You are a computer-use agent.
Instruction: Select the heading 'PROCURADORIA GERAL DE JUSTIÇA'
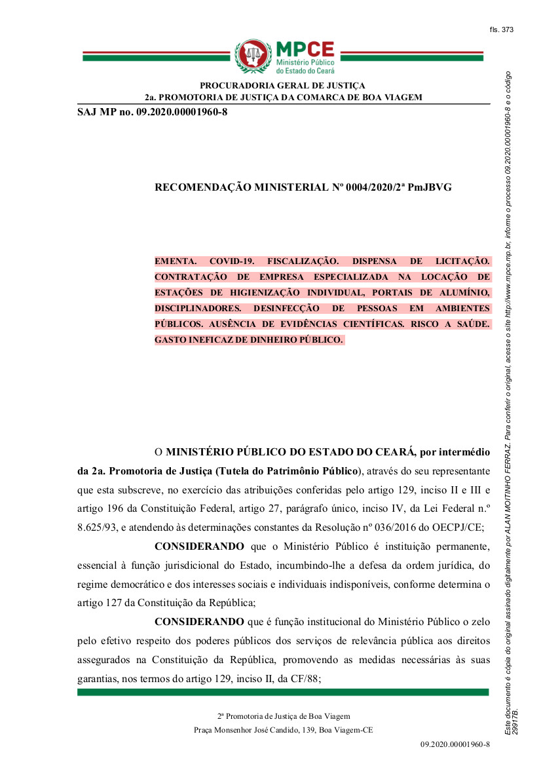(282, 85)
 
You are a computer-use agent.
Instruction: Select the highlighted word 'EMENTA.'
(174, 261)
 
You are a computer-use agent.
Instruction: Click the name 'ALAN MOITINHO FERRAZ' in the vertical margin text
(508, 499)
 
